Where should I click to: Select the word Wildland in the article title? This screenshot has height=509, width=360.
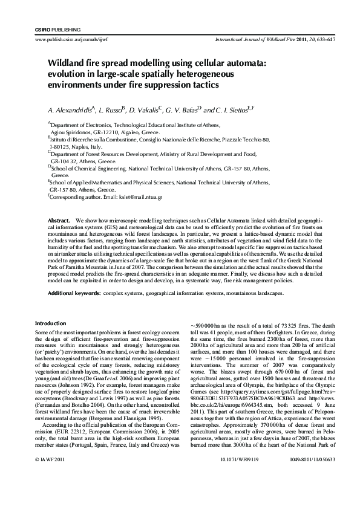(68, 62)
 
